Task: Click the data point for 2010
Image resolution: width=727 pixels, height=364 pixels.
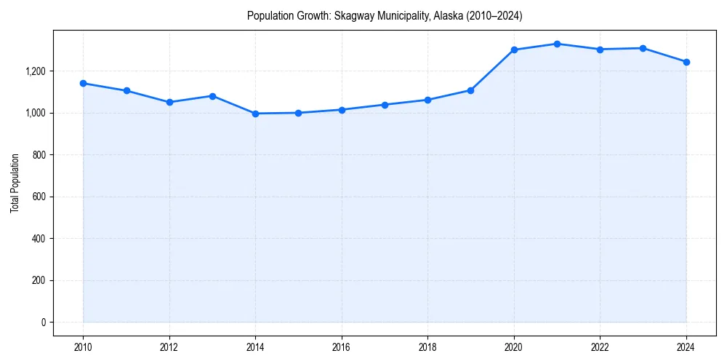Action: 83,83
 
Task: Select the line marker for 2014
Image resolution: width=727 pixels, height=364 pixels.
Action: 255,114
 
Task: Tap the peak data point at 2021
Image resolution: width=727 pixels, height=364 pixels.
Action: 557,44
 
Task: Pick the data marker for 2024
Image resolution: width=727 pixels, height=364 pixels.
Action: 686,62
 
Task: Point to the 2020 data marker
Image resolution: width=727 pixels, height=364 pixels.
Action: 514,50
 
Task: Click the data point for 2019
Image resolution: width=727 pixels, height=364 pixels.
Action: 470,90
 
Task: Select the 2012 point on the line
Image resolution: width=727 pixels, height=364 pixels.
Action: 169,102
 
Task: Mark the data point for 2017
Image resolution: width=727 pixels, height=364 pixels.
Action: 385,105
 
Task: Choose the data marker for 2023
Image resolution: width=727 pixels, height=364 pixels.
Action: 643,48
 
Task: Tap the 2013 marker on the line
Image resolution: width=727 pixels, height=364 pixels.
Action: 212,96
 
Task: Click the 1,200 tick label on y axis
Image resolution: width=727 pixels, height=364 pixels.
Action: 34,71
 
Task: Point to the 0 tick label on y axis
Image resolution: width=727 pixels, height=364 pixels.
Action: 43,323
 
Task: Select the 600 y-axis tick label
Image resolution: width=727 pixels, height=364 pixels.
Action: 38,197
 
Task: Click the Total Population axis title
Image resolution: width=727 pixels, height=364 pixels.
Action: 15,183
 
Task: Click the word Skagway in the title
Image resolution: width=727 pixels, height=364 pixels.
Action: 353,15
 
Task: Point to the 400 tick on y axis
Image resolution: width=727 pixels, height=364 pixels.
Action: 38,239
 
